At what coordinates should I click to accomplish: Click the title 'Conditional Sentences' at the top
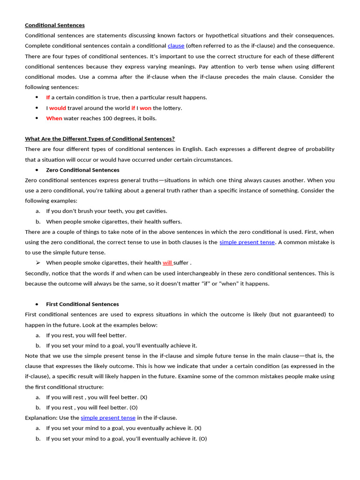point(55,25)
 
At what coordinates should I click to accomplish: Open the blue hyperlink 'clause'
point(176,46)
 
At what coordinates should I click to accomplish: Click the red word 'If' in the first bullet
point(48,97)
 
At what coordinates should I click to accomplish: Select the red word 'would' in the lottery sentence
point(58,108)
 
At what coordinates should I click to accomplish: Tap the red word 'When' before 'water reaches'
point(54,118)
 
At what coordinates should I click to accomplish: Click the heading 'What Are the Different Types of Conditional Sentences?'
point(100,139)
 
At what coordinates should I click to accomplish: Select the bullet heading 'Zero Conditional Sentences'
point(82,170)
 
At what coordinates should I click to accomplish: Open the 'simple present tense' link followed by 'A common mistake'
point(247,242)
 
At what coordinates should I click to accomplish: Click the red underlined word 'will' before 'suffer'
point(167,263)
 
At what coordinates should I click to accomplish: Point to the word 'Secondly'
point(37,273)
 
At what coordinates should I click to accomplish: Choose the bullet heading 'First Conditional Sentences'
point(82,304)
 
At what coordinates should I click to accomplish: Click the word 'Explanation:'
point(40,418)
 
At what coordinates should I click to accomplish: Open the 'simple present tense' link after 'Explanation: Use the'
point(108,418)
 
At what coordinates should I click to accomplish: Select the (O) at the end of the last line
point(202,439)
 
